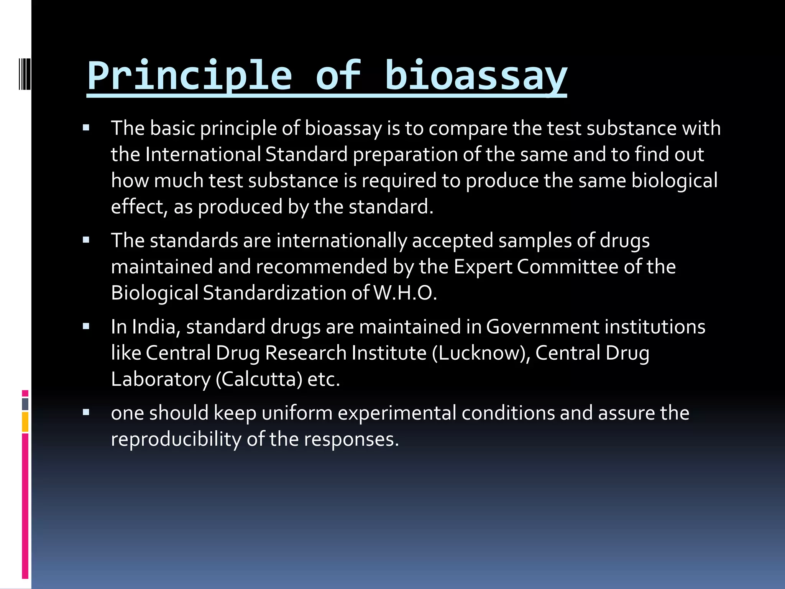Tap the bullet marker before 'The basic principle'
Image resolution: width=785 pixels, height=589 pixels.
tap(86, 128)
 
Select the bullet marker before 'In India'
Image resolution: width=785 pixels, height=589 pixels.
tap(86, 326)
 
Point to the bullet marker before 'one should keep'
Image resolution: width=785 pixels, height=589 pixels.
tap(86, 413)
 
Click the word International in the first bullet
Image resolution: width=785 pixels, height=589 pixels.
tap(203, 154)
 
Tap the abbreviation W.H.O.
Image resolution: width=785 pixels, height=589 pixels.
tap(405, 293)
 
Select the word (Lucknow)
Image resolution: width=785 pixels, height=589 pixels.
tap(481, 353)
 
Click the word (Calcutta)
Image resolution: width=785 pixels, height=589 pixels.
tap(259, 379)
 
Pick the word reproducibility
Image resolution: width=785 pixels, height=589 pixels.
tap(176, 439)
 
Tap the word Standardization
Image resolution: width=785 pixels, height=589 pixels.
tap(274, 293)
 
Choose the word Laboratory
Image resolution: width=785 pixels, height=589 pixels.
tap(161, 379)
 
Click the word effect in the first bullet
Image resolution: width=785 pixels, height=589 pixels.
tap(138, 207)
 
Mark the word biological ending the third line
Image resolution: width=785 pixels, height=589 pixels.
tap(674, 181)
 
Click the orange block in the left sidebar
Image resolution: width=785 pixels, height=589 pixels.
tap(25, 422)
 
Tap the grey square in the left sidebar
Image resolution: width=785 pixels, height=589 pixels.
tap(25, 404)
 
